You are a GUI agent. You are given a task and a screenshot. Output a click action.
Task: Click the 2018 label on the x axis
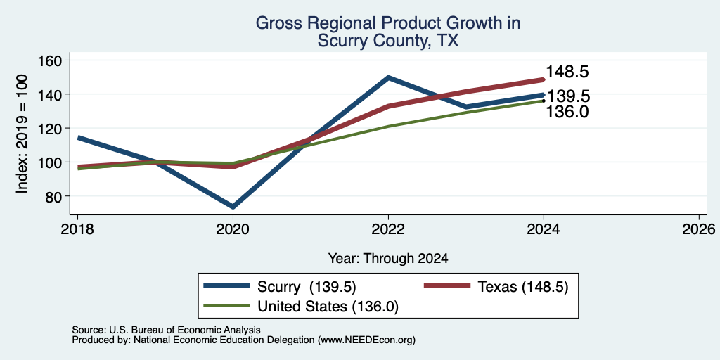coord(77,229)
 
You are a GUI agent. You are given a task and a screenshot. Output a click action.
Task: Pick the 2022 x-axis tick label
coord(388,229)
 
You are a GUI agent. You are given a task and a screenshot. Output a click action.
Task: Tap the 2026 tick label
coord(700,229)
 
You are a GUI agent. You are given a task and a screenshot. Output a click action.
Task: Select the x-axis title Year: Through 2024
coord(388,259)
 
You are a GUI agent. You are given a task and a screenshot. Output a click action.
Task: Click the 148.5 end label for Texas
coord(567,72)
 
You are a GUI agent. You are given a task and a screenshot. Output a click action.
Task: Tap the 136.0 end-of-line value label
coord(567,112)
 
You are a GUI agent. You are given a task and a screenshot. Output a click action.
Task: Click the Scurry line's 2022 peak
coord(388,77)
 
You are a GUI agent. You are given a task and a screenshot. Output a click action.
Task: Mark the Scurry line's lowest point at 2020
coord(233,207)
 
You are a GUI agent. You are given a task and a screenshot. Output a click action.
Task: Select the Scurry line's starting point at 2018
coord(79,137)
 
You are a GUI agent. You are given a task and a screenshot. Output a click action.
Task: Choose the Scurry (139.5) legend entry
coord(280,287)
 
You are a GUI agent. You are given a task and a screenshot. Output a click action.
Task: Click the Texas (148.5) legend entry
coord(496,287)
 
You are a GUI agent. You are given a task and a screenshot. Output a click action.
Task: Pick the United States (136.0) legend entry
coord(301,307)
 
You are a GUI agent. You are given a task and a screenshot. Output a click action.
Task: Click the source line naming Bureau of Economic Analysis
coord(166,330)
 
